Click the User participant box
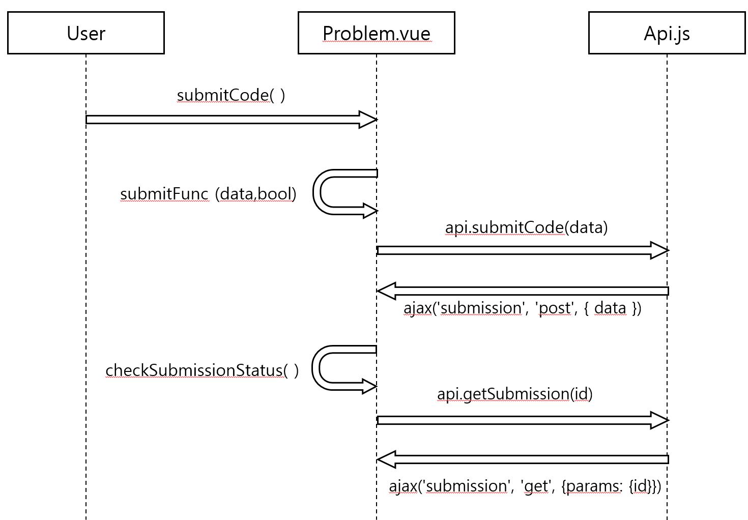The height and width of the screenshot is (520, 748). point(85,33)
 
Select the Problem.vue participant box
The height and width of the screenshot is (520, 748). point(376,33)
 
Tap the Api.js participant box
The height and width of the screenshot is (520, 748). point(667,33)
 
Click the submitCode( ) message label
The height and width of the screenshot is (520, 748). point(231,95)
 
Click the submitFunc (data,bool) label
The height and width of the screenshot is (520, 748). point(208,194)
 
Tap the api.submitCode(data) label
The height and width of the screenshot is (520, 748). point(526,227)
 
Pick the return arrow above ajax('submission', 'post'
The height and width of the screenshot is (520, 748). point(524,291)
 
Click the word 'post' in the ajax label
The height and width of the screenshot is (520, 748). point(554,308)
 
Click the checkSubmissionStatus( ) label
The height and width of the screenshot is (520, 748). point(202,370)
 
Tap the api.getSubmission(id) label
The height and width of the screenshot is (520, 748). point(514,394)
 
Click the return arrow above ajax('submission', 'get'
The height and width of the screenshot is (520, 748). point(524,459)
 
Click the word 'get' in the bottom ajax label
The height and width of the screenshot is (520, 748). point(536,486)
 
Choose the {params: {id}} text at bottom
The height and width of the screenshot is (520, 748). point(611,486)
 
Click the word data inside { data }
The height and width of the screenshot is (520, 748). point(610,308)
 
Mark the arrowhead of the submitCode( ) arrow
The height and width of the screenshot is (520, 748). point(368,120)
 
